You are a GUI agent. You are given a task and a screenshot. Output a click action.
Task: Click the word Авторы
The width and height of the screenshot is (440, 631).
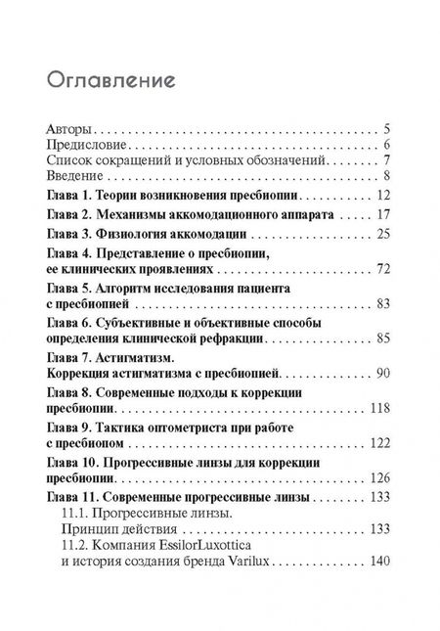coord(69,128)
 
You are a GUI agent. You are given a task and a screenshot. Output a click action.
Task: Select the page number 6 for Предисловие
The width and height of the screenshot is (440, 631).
coord(388,145)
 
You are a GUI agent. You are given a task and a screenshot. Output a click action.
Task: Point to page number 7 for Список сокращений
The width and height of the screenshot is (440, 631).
coord(388,160)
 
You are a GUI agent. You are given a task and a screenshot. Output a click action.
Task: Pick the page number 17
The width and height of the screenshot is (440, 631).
coord(383,213)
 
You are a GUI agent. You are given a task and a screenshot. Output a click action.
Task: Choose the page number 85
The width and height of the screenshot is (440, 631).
coord(383,338)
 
